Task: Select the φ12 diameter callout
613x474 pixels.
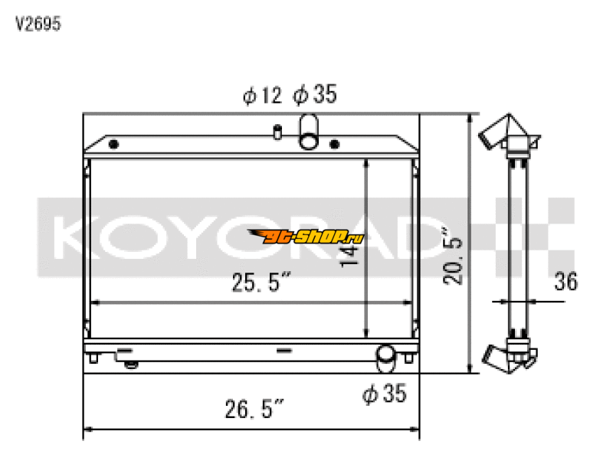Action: (262, 96)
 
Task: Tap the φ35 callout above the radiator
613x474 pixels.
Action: (315, 96)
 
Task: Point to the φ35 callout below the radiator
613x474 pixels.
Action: (384, 394)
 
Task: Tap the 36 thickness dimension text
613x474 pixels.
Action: (565, 282)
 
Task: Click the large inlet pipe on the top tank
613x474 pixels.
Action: (309, 130)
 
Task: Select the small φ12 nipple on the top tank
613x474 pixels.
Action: (277, 131)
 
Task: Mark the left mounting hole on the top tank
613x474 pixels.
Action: (113, 144)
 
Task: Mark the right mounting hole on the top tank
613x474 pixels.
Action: (334, 144)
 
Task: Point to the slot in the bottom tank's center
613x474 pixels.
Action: (284, 351)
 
